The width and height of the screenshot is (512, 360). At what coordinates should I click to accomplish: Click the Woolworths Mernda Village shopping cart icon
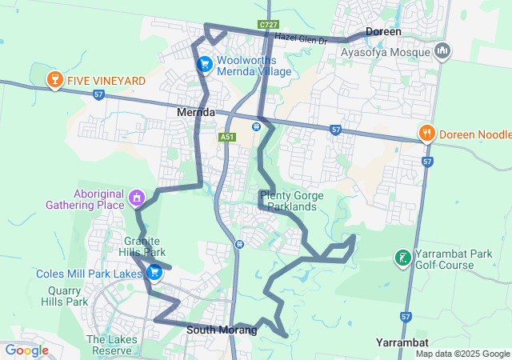point(205,63)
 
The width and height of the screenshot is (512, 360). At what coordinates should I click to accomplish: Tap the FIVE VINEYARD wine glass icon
point(54,80)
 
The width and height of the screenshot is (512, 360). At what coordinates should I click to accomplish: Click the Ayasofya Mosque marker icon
point(442,53)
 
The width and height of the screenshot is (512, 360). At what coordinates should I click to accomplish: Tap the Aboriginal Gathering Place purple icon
point(137,197)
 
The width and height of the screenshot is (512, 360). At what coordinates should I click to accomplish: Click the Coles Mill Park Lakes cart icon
point(154,274)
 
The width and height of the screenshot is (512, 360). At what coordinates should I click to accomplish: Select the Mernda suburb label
point(195,113)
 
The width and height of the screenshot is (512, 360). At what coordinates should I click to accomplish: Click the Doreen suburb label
point(383,31)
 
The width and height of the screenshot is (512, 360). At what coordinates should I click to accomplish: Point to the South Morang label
point(222,330)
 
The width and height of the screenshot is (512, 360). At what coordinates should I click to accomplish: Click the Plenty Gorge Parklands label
point(288,201)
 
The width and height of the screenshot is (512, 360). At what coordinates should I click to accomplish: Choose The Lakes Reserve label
point(108,345)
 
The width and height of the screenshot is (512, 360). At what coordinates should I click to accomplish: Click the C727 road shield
point(268,26)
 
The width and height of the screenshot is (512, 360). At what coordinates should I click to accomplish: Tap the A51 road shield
point(227,138)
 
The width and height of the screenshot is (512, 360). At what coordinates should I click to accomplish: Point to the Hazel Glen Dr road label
point(302,39)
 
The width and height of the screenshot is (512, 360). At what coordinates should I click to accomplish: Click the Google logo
point(26,350)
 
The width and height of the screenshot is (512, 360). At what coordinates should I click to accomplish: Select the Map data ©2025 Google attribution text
point(462,354)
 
